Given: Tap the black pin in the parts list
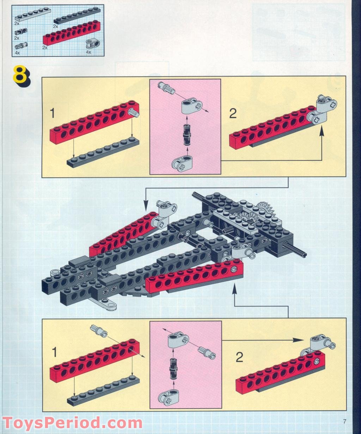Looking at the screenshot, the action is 18,32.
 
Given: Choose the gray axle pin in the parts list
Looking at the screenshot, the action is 21,45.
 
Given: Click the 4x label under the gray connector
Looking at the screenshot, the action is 88,52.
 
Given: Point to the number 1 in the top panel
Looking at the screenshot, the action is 53,114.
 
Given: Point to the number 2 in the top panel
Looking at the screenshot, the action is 233,114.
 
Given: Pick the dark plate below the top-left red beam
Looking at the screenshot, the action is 103,154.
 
